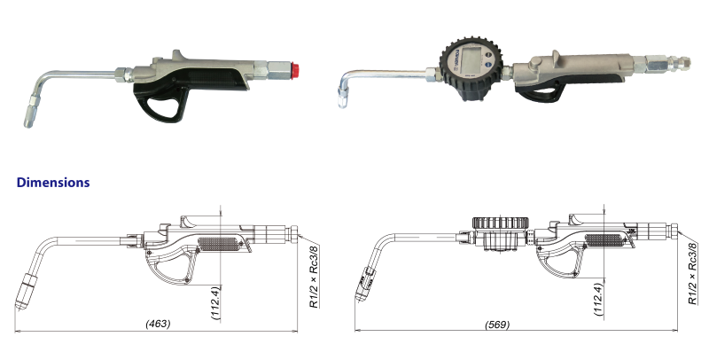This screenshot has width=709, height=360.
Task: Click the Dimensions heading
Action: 53,183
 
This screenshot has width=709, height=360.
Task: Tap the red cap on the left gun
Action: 295,70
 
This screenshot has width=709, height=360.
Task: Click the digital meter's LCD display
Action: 468,63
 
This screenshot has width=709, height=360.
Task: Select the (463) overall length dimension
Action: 158,324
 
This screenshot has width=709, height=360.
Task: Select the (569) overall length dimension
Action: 497,325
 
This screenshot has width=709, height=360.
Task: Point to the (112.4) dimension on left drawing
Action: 216,302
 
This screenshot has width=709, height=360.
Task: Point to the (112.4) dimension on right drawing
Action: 600,300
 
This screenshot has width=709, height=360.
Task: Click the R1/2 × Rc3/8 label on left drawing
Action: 314,276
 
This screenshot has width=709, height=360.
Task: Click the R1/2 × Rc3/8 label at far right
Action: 692,274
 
